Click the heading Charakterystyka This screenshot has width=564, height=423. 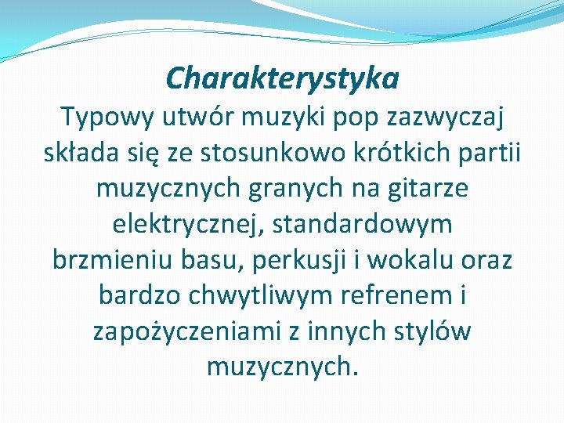coord(282,78)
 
